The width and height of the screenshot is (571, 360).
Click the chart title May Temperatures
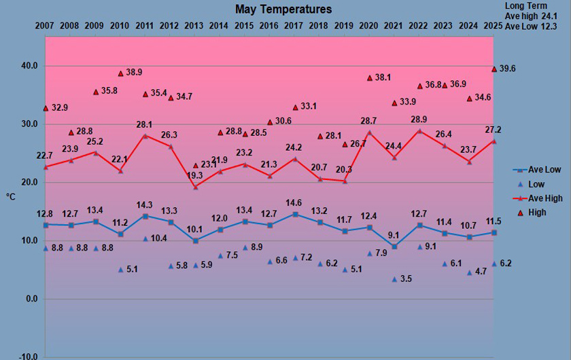coord(283,10)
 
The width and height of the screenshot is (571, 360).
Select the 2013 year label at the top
coord(194,26)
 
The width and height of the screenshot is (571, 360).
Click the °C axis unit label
coord(12,197)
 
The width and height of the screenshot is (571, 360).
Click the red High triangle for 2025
coord(494,69)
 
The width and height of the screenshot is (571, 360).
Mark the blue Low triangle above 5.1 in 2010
coord(121,270)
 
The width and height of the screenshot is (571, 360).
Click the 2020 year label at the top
coord(369,26)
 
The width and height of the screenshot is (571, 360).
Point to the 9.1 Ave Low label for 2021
coord(394,236)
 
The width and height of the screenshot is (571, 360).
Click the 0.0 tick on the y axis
coord(31,299)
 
